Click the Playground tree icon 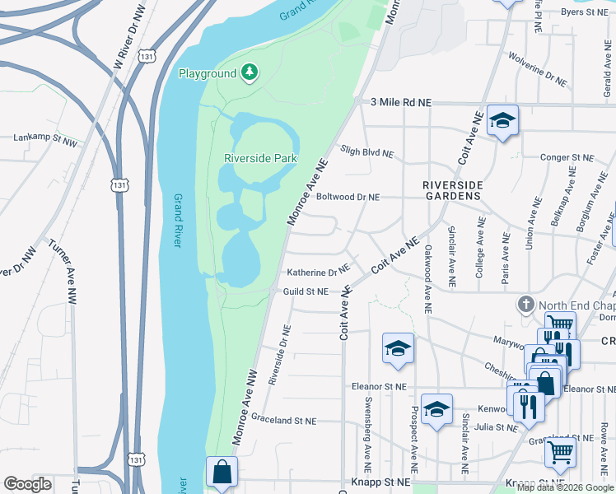[x=249, y=73]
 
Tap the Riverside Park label [x=260, y=158]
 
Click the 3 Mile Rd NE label [x=401, y=102]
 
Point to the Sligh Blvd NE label [x=367, y=151]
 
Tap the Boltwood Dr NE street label [x=348, y=198]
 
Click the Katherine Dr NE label [x=318, y=272]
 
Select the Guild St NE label [x=306, y=291]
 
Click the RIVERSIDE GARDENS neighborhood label [x=452, y=191]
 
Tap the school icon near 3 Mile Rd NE [x=502, y=121]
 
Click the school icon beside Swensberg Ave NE [x=398, y=347]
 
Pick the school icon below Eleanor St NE [x=436, y=409]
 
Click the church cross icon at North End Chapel [x=526, y=305]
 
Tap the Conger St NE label [x=567, y=156]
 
